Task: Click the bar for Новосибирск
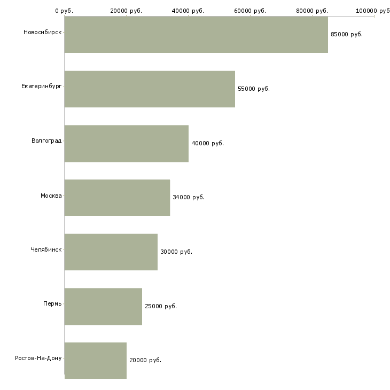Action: pyautogui.click(x=196, y=35)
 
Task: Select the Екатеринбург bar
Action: pyautogui.click(x=150, y=89)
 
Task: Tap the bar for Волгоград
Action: pyautogui.click(x=127, y=144)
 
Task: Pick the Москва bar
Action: pyautogui.click(x=117, y=198)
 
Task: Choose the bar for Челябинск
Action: pyautogui.click(x=111, y=252)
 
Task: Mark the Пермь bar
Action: pyautogui.click(x=103, y=307)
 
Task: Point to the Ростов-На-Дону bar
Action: pyautogui.click(x=96, y=361)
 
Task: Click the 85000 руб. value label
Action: pyautogui.click(x=347, y=34)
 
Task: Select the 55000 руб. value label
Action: pyautogui.click(x=254, y=89)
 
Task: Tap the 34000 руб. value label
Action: pyautogui.click(x=189, y=197)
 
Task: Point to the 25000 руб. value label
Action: pyautogui.click(x=161, y=306)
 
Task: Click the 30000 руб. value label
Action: pyautogui.click(x=176, y=252)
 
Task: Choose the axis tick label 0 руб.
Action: pyautogui.click(x=64, y=11)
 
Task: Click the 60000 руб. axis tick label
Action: pyautogui.click(x=250, y=11)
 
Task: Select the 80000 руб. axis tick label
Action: pyautogui.click(x=312, y=11)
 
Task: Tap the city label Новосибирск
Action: pyautogui.click(x=43, y=33)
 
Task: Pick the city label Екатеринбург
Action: pyautogui.click(x=41, y=87)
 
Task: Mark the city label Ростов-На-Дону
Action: pyautogui.click(x=38, y=358)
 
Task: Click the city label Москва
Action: pyautogui.click(x=51, y=196)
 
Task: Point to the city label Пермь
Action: pyautogui.click(x=52, y=303)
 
